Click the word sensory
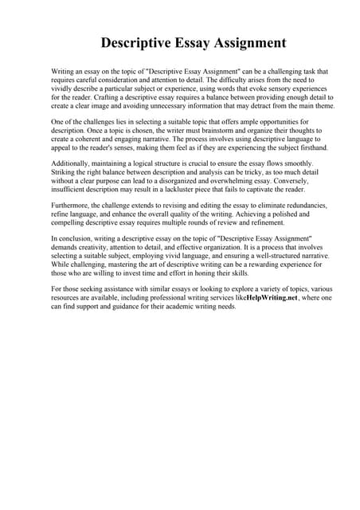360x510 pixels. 268,88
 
